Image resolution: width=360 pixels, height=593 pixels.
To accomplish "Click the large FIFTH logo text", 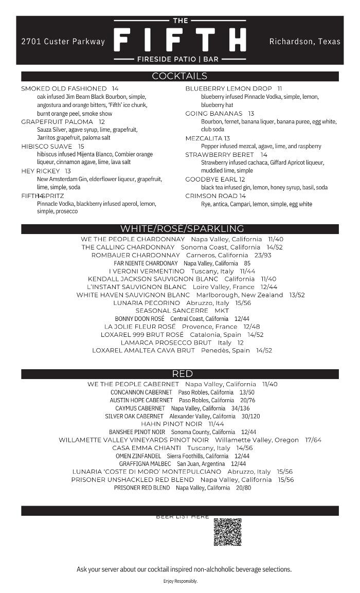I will click(179, 40).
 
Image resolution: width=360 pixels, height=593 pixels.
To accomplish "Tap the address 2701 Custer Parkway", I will click(63, 42).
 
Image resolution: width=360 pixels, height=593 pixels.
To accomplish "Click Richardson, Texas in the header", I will click(304, 42).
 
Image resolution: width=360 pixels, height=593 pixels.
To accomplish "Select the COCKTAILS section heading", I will click(179, 76).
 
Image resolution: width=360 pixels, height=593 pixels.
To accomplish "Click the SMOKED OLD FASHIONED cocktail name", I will click(64, 88).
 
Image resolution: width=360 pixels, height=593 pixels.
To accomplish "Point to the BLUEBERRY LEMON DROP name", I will click(228, 88).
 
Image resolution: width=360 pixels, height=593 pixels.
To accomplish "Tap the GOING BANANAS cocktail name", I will click(213, 113).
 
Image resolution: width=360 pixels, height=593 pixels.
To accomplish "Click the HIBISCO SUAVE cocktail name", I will click(47, 147).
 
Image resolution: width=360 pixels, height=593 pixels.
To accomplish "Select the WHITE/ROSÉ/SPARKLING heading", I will click(182, 229).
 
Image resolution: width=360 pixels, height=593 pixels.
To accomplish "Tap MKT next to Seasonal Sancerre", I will click(222, 311).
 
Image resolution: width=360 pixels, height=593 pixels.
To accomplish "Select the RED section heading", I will click(182, 374).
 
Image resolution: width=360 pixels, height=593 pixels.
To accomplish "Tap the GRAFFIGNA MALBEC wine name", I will click(145, 464).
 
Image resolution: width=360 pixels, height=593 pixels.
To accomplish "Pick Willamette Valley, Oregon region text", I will click(257, 440).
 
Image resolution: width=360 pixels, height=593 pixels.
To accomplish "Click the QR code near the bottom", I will click(227, 532).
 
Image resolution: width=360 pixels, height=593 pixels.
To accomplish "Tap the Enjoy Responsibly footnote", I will click(180, 581).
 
